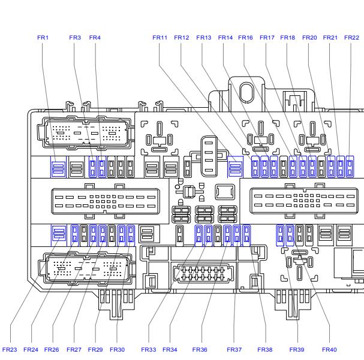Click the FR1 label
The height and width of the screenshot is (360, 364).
pyautogui.click(x=43, y=38)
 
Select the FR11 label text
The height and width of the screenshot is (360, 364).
pyautogui.click(x=160, y=38)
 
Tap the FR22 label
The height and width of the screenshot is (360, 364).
pyautogui.click(x=351, y=38)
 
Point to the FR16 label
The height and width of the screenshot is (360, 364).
pyautogui.click(x=245, y=38)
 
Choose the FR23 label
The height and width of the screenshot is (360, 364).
pyautogui.click(x=10, y=349)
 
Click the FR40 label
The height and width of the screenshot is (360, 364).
pyautogui.click(x=329, y=349)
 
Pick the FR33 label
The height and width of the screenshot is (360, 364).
pyautogui.click(x=149, y=349)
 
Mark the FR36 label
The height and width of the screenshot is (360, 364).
pyautogui.click(x=200, y=349)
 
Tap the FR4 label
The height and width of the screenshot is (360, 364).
pyautogui.click(x=95, y=38)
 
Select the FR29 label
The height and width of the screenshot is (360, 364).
pyautogui.click(x=95, y=349)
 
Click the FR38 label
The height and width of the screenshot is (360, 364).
pyautogui.click(x=265, y=349)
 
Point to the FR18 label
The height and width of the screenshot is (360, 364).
pyautogui.click(x=287, y=38)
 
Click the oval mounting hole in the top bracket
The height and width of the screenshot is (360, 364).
pyautogui.click(x=246, y=92)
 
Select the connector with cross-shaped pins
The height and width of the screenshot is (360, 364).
pyautogui.click(x=203, y=273)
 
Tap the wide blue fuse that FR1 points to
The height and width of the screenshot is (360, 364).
pyautogui.click(x=58, y=167)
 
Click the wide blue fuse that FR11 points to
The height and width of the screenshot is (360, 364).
pyautogui.click(x=235, y=167)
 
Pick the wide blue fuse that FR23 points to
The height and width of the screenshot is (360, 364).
pyautogui.click(x=59, y=235)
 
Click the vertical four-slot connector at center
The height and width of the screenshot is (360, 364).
pyautogui.click(x=209, y=156)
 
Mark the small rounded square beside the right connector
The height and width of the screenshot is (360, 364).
pyautogui.click(x=225, y=192)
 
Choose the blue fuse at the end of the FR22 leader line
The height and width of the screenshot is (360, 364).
pyautogui.click(x=350, y=167)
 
